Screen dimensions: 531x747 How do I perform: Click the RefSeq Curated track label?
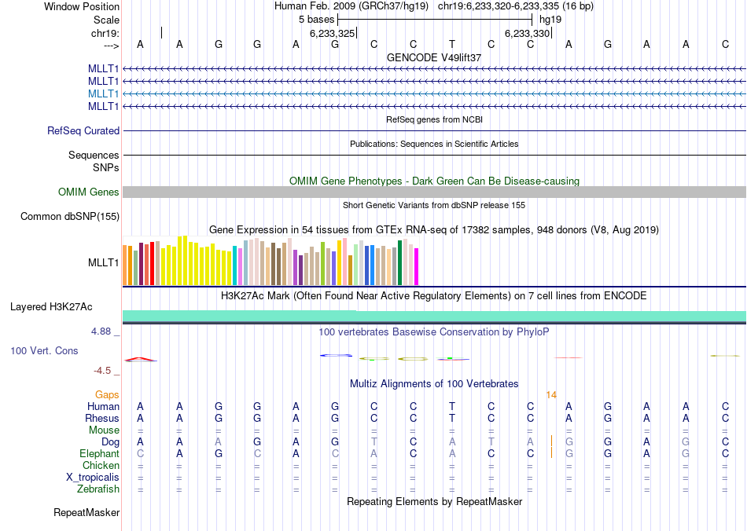point(83,131)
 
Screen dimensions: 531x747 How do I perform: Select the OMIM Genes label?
point(89,192)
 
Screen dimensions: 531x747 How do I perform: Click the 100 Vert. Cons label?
point(44,350)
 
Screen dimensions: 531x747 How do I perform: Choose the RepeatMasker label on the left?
point(86,513)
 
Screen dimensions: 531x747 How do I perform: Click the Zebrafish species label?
point(98,489)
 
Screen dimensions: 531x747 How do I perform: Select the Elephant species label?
point(99,453)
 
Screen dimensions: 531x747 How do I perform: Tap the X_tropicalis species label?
point(93,477)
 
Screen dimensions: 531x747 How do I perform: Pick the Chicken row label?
point(101,465)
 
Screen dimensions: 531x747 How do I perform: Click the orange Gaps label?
point(108,394)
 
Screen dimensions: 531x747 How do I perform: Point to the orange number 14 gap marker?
point(551,394)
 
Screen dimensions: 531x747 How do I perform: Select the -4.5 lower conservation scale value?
point(102,371)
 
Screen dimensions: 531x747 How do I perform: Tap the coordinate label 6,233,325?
point(333,33)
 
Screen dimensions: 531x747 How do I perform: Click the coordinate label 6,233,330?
point(527,33)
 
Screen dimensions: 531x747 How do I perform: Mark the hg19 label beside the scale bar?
point(550,18)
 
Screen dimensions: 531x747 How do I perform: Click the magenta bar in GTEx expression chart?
point(416,267)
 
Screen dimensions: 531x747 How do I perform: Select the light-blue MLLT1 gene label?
point(104,93)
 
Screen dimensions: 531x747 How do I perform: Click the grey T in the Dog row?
point(373,441)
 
